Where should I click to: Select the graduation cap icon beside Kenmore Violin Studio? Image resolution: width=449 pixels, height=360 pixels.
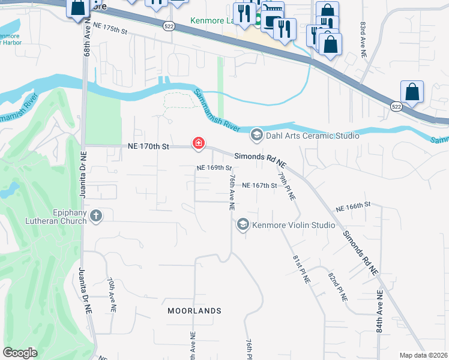click(243, 224)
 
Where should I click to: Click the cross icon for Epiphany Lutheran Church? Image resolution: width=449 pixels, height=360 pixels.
click(95, 215)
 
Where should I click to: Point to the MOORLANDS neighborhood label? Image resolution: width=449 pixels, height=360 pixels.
click(194, 311)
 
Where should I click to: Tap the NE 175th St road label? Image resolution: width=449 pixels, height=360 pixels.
click(111, 29)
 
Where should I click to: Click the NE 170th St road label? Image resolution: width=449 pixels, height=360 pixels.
click(149, 146)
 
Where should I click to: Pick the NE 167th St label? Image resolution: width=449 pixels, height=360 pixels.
click(259, 185)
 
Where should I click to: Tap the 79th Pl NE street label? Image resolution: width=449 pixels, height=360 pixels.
click(288, 186)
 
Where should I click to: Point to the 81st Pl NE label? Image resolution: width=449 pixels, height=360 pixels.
click(301, 268)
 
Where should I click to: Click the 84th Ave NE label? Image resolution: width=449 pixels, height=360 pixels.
click(379, 311)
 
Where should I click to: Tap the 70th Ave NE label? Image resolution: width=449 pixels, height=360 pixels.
click(112, 294)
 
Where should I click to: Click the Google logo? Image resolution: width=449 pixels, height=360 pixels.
click(20, 353)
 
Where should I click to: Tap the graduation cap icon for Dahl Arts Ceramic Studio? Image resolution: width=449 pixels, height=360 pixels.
click(257, 134)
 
